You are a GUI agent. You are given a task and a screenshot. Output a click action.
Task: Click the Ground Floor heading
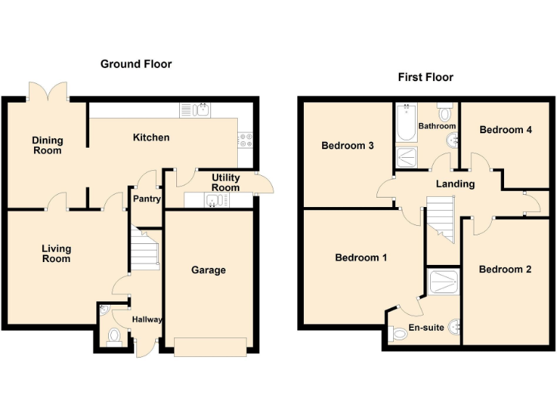(x=136, y=64)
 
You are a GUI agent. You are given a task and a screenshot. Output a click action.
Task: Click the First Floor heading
(x=426, y=77)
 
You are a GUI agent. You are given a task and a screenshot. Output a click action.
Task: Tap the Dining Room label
(x=47, y=146)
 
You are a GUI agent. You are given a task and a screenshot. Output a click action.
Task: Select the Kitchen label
(x=152, y=138)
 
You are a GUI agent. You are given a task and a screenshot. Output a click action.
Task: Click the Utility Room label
(x=226, y=182)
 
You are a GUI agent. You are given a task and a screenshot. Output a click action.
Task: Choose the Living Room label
(x=56, y=253)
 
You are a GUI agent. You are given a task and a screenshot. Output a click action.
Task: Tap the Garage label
(x=208, y=270)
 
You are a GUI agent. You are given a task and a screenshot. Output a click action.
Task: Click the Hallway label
(x=147, y=319)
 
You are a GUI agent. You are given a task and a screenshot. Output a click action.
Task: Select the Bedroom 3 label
(x=347, y=146)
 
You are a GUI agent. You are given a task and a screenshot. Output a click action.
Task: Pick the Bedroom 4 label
(x=506, y=130)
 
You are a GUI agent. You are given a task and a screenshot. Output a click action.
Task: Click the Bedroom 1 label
(x=360, y=257)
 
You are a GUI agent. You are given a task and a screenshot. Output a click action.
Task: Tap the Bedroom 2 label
(x=506, y=269)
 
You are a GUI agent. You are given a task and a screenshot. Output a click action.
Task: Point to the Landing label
(x=455, y=184)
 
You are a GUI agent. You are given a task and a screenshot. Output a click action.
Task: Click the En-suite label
(x=427, y=328)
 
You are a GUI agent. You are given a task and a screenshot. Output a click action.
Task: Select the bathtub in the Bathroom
(x=405, y=125)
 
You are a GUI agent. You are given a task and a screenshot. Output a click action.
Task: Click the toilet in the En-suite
(x=397, y=334)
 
